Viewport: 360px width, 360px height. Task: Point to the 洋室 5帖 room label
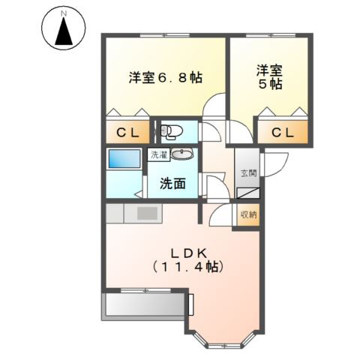pos(269,78)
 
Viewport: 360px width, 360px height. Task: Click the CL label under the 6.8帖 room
pos(127,133)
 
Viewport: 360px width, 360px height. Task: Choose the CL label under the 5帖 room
pos(282,133)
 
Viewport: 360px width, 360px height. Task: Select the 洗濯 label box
pos(159,155)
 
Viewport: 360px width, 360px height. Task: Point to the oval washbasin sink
pos(181,155)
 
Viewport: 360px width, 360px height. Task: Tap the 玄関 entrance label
pos(248,173)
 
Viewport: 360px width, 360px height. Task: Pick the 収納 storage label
pos(248,215)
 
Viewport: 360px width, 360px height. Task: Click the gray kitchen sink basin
pos(146,214)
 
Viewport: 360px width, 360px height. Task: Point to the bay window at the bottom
pos(223,341)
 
